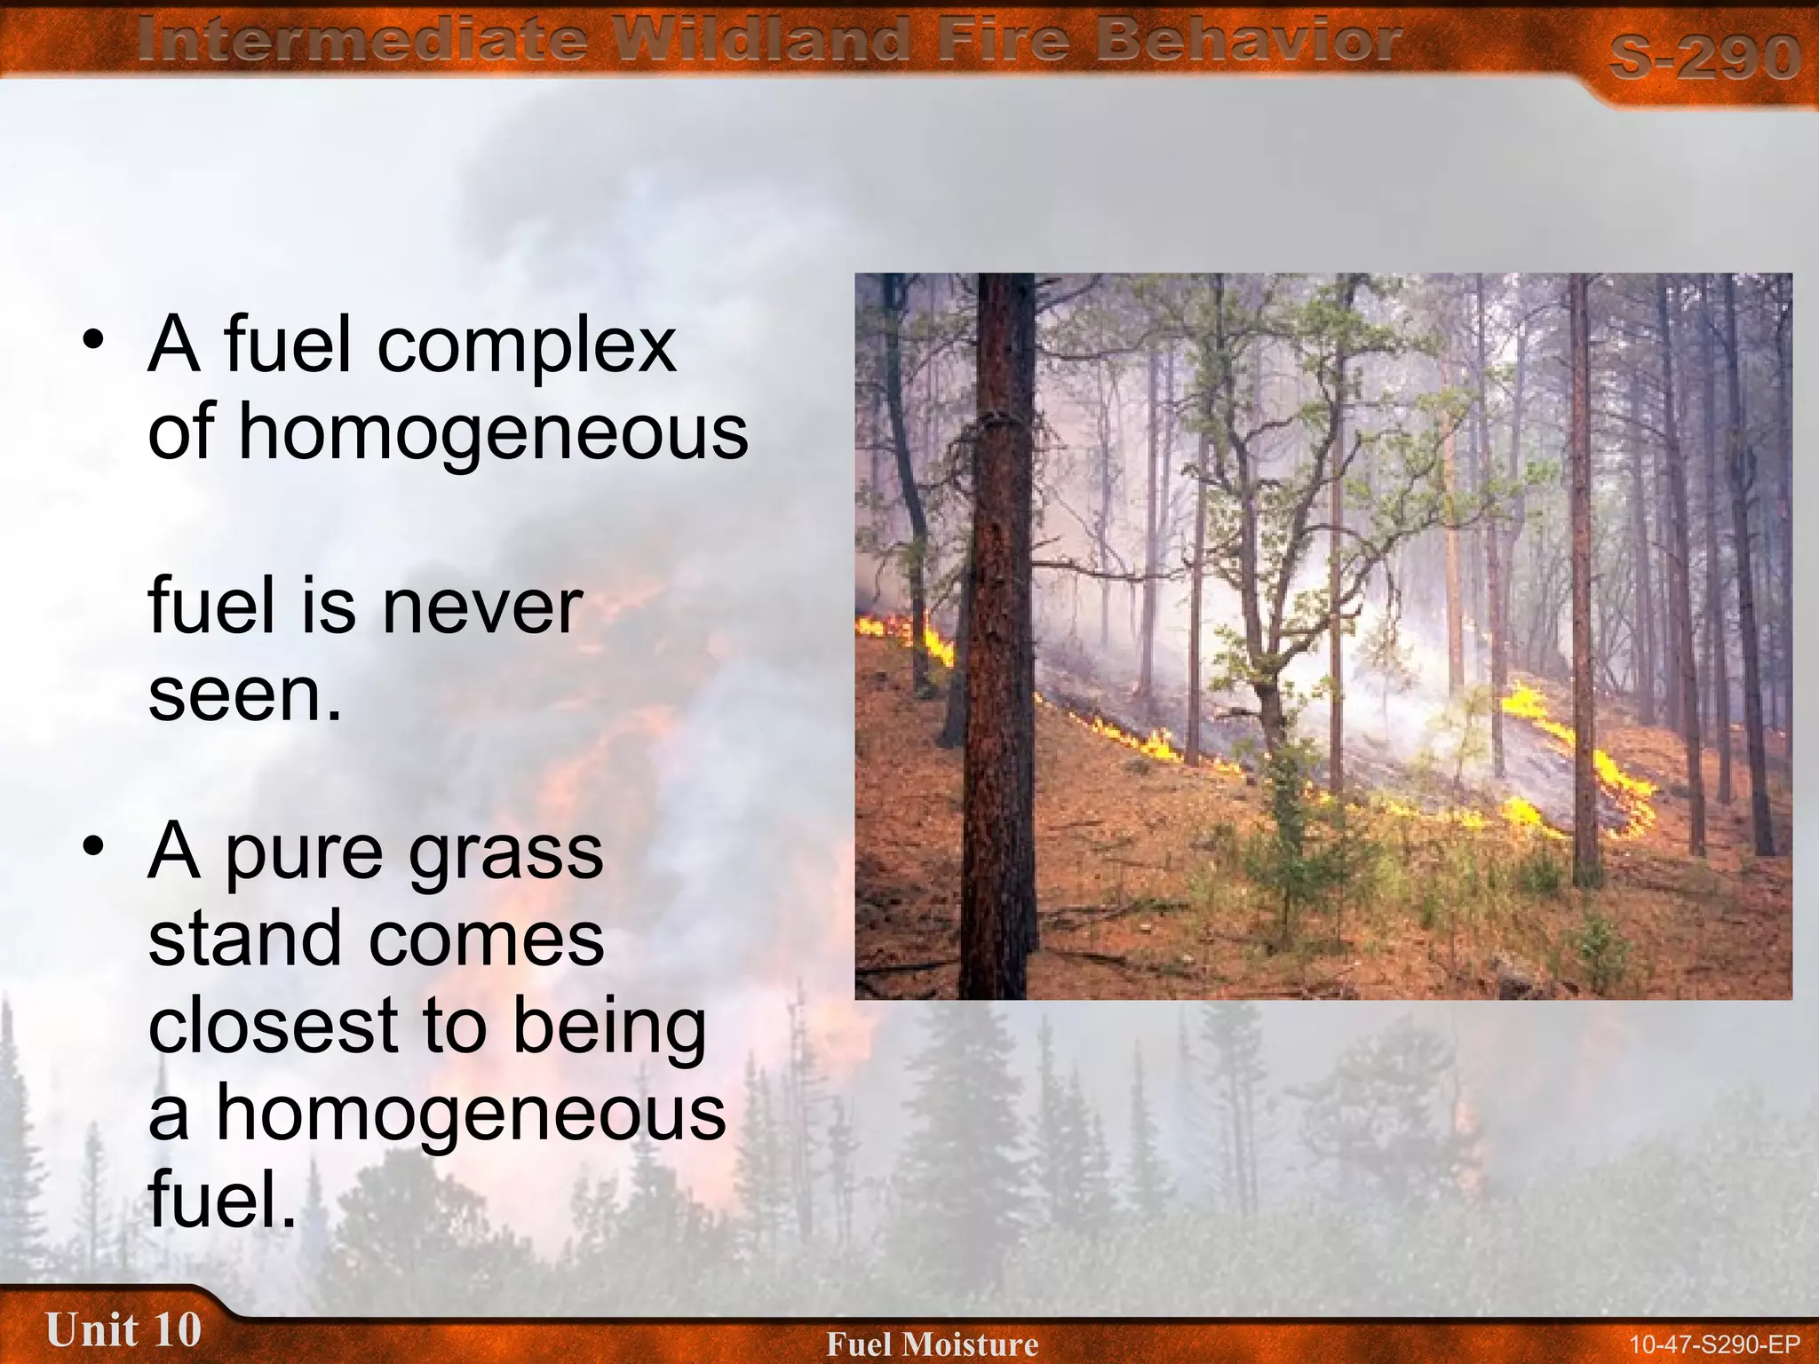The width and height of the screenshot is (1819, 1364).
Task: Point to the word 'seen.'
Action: point(245,694)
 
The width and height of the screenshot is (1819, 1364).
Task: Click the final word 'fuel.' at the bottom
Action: point(222,1199)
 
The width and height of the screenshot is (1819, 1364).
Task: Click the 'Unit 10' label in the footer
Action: point(123,1329)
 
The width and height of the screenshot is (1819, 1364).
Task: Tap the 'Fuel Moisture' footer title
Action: point(932,1344)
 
